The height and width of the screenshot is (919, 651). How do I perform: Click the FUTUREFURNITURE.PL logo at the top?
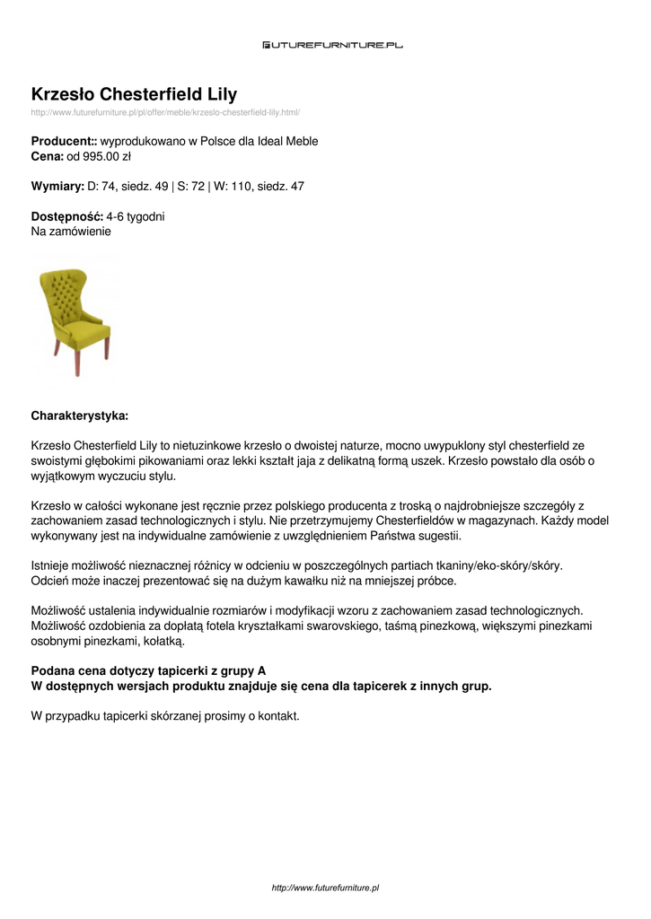332,44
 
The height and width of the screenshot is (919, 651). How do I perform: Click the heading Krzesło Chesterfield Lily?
134,94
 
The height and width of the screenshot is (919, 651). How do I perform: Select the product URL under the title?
165,112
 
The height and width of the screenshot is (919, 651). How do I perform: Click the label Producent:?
64,142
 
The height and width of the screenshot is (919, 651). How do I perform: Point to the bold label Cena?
47,156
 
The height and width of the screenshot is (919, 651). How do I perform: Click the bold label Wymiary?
57,187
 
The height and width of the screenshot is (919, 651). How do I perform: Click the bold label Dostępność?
66,217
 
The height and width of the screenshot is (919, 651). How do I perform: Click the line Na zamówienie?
71,232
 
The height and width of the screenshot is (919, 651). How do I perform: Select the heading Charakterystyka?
80,416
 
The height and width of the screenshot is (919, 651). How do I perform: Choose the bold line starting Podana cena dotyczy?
148,670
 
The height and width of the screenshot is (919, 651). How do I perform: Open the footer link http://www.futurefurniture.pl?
325,888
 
